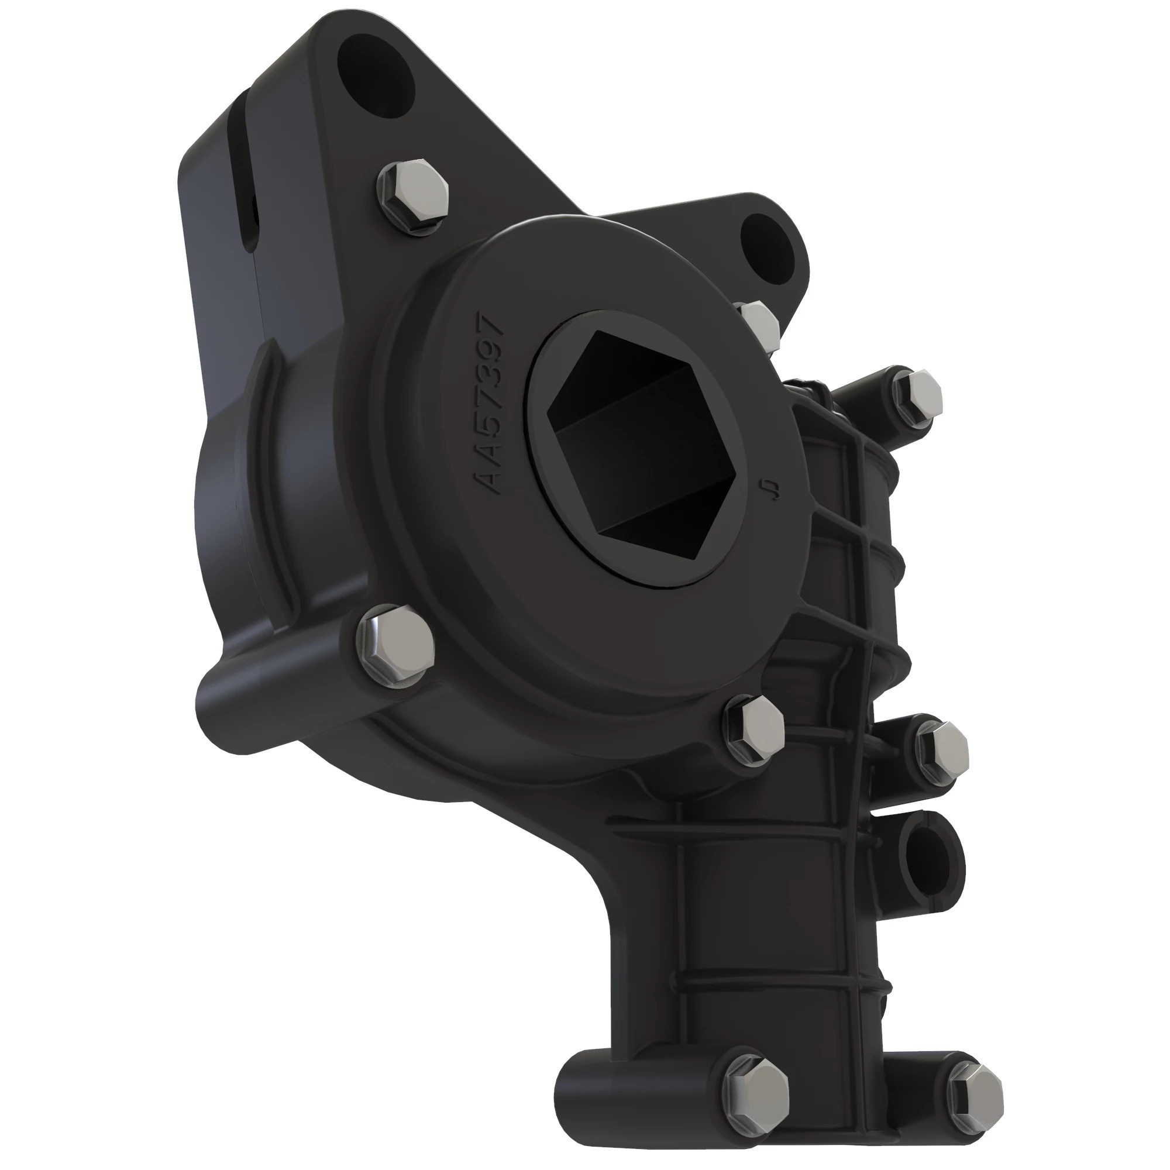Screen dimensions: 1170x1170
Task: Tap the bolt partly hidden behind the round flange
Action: click(x=760, y=324)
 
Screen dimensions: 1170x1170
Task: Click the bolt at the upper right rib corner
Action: click(x=917, y=397)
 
